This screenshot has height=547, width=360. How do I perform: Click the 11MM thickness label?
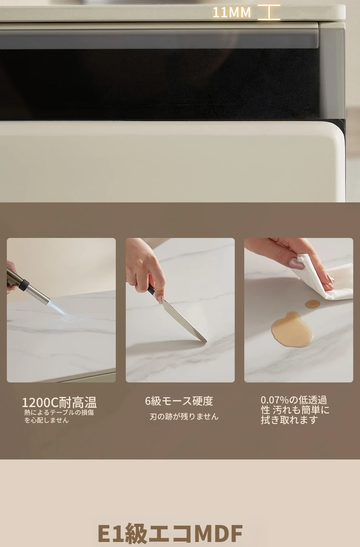pyautogui.click(x=231, y=12)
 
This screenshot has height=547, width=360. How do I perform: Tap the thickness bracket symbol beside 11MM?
pyautogui.click(x=269, y=12)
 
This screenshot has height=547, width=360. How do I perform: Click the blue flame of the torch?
pyautogui.click(x=58, y=308)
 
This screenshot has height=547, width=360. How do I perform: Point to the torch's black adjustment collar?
pyautogui.click(x=24, y=285)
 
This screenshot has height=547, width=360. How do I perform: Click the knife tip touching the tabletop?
pyautogui.click(x=206, y=341)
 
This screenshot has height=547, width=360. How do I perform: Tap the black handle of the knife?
pyautogui.click(x=151, y=289)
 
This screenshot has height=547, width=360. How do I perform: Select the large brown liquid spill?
pyautogui.click(x=292, y=330)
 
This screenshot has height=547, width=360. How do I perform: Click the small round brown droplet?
pyautogui.click(x=313, y=304)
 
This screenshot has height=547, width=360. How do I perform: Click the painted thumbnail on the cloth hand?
pyautogui.click(x=297, y=264)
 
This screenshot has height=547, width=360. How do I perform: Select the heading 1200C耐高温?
pyautogui.click(x=59, y=403)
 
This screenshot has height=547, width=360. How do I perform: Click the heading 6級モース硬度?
pyautogui.click(x=179, y=401)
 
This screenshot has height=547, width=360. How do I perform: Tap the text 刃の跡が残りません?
pyautogui.click(x=184, y=416)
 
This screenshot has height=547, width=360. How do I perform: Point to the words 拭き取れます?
pyautogui.click(x=289, y=420)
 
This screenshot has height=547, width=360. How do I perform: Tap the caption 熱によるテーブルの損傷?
pyautogui.click(x=59, y=413)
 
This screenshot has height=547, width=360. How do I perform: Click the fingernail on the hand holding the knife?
pyautogui.click(x=160, y=299)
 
